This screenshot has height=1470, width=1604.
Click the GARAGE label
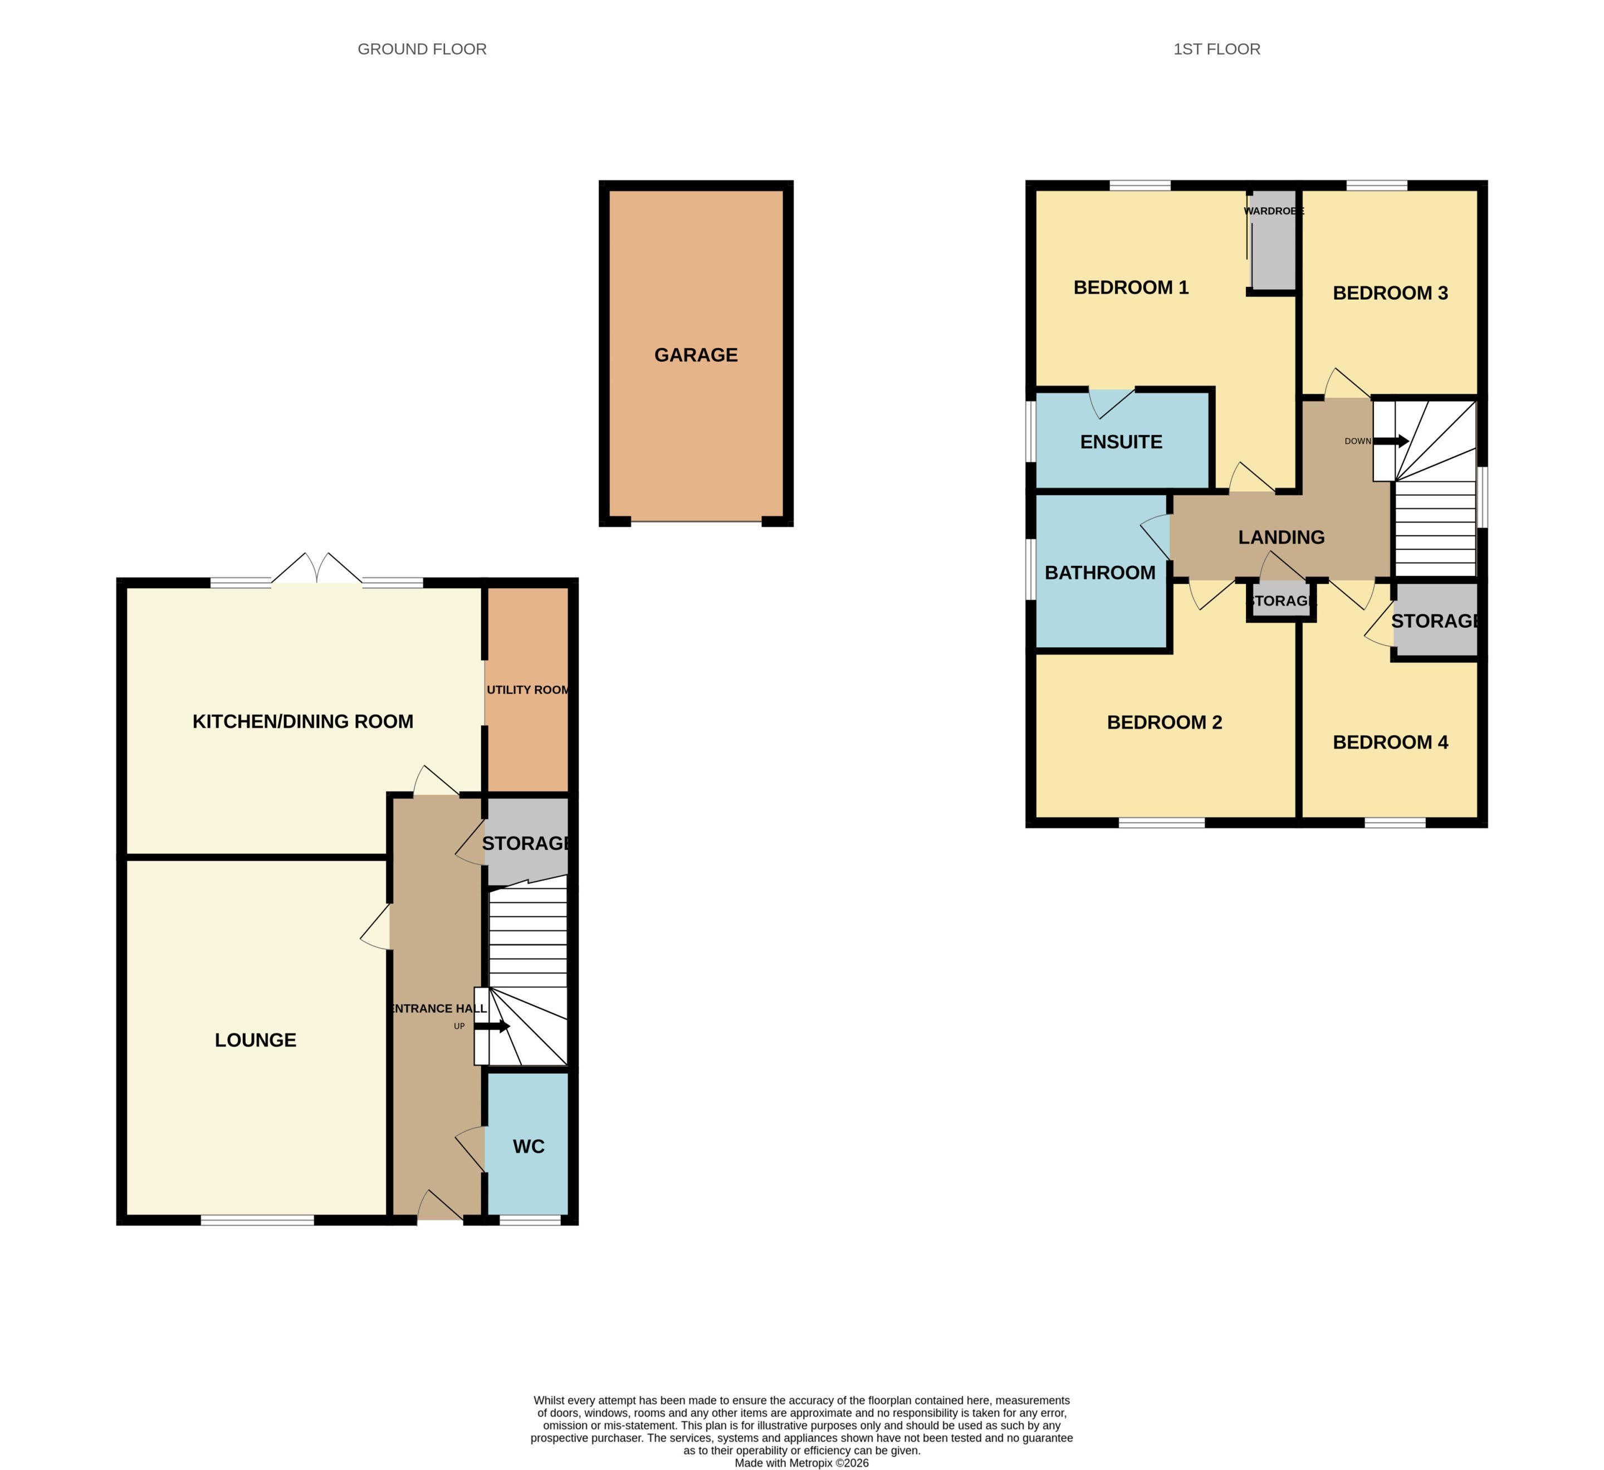[x=696, y=355]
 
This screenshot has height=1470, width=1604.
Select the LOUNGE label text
[x=256, y=1039]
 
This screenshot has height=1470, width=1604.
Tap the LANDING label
[x=1281, y=537]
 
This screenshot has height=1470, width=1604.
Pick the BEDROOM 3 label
[x=1390, y=293]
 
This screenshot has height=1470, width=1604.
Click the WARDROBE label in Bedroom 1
[x=1273, y=211]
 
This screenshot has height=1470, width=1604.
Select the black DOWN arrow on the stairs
[x=1391, y=441]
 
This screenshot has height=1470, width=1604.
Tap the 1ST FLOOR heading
[x=1216, y=50]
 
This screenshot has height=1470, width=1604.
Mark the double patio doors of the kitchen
[x=317, y=568]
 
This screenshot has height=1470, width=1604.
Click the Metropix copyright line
[x=801, y=1463]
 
